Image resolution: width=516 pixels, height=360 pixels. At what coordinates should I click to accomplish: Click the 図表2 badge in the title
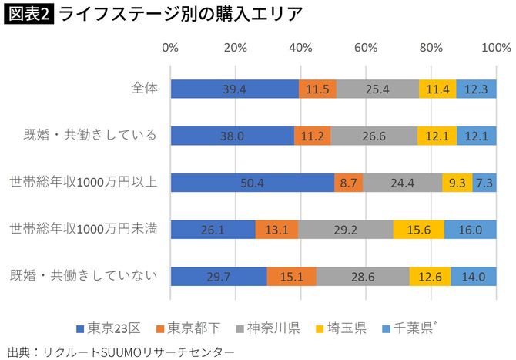[x=28, y=14]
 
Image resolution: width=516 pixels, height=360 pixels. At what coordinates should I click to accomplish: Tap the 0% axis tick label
[x=170, y=48]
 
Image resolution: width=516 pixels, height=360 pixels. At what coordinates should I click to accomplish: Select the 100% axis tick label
[x=491, y=48]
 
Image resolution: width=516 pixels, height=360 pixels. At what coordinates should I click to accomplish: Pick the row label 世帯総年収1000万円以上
[x=83, y=182]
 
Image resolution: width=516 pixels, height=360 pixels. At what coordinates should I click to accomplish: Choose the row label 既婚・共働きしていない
[x=83, y=275]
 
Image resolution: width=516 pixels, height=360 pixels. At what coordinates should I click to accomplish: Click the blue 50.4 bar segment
[x=252, y=183]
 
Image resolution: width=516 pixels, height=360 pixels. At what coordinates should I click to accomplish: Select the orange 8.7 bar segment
[x=348, y=183]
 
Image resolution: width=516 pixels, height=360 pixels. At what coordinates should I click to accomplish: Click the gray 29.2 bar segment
[x=345, y=230]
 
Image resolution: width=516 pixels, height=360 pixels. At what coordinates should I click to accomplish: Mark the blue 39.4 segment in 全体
[x=234, y=89]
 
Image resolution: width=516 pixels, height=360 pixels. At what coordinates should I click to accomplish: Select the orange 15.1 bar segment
[x=291, y=276]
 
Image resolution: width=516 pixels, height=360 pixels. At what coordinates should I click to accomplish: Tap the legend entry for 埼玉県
[x=342, y=328]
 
